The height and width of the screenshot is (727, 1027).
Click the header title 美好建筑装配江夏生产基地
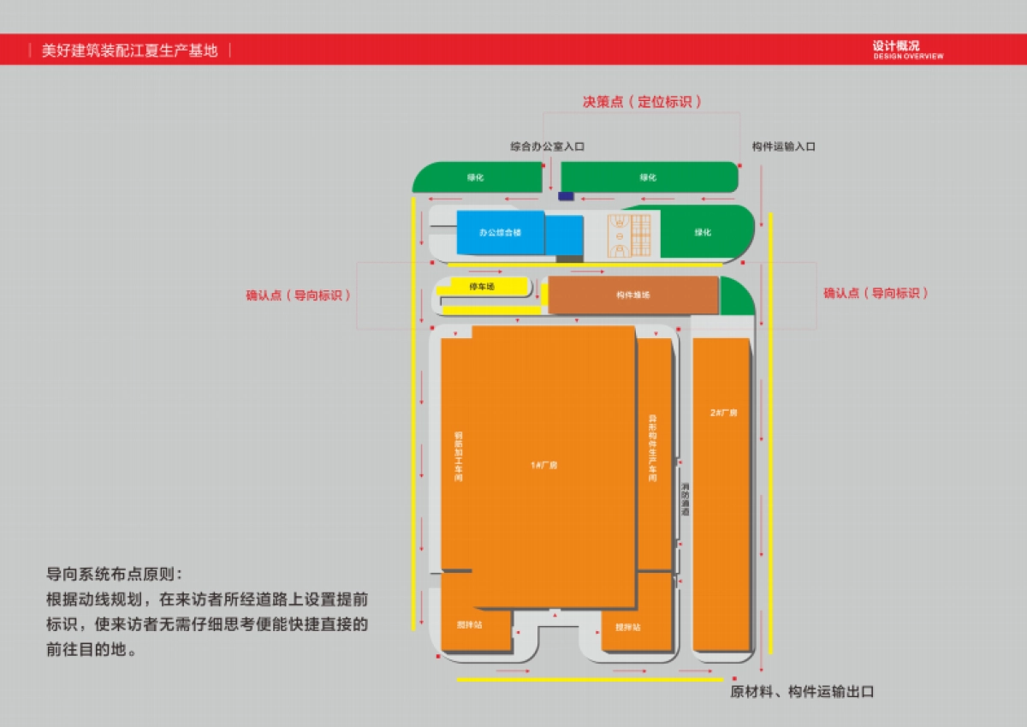130,51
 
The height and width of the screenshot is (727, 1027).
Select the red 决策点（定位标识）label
642,102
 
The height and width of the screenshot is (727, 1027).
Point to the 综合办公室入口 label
547,146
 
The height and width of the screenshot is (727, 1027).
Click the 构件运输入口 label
783,146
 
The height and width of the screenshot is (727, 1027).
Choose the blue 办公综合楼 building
500,232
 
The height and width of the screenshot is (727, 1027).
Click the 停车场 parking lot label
482,286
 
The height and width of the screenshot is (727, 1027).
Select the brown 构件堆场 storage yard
632,295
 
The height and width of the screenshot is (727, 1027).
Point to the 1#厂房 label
544,465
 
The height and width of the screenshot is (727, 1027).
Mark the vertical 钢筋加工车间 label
458,458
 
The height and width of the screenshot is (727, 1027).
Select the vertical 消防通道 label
685,499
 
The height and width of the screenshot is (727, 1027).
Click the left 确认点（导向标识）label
299,295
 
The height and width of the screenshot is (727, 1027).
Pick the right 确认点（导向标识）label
876,293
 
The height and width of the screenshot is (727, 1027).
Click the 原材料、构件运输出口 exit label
801,692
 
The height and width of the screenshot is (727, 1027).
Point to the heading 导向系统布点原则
114,574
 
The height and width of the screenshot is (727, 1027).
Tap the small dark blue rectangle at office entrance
566,196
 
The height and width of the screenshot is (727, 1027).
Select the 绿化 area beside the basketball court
703,232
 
